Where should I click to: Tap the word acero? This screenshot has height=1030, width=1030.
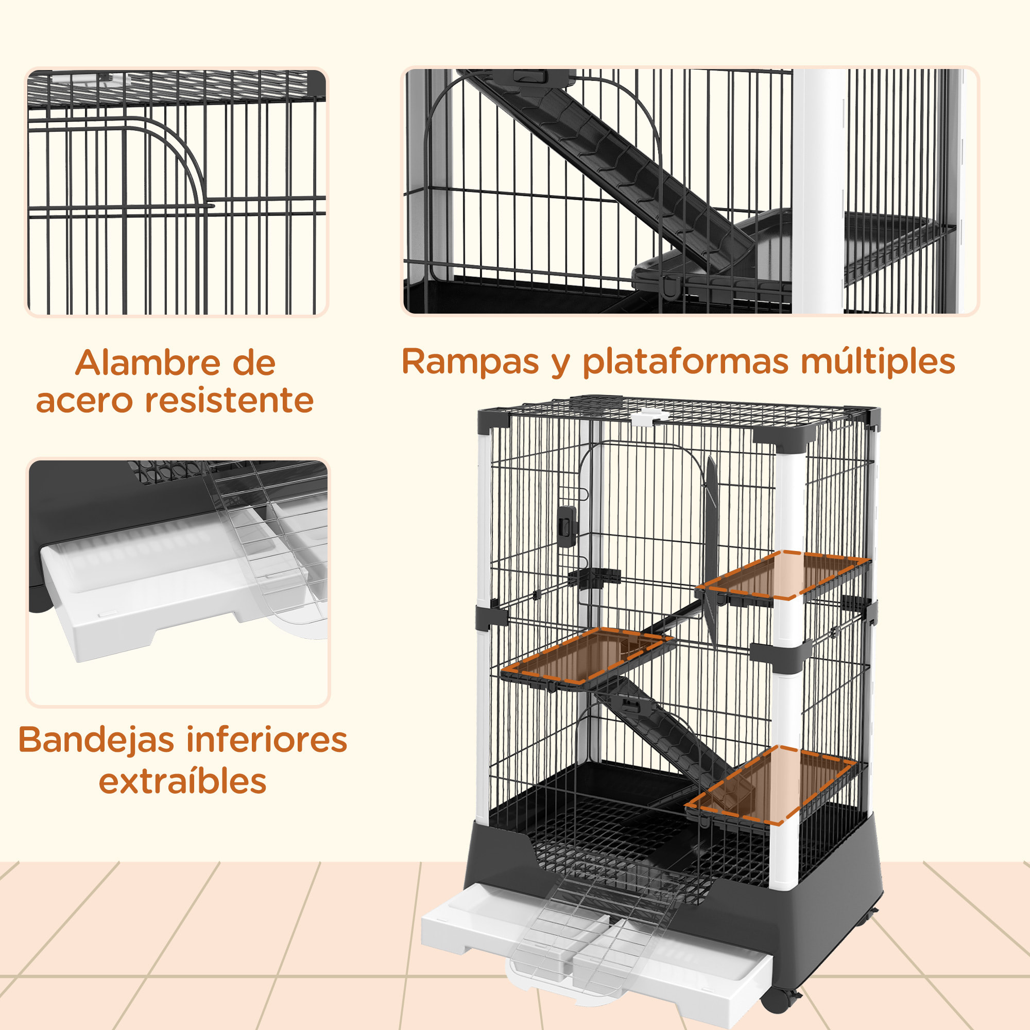84,401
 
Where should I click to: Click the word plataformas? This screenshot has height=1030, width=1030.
685,362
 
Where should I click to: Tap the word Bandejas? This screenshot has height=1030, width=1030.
96,741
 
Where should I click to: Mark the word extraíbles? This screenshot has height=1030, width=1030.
182,782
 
